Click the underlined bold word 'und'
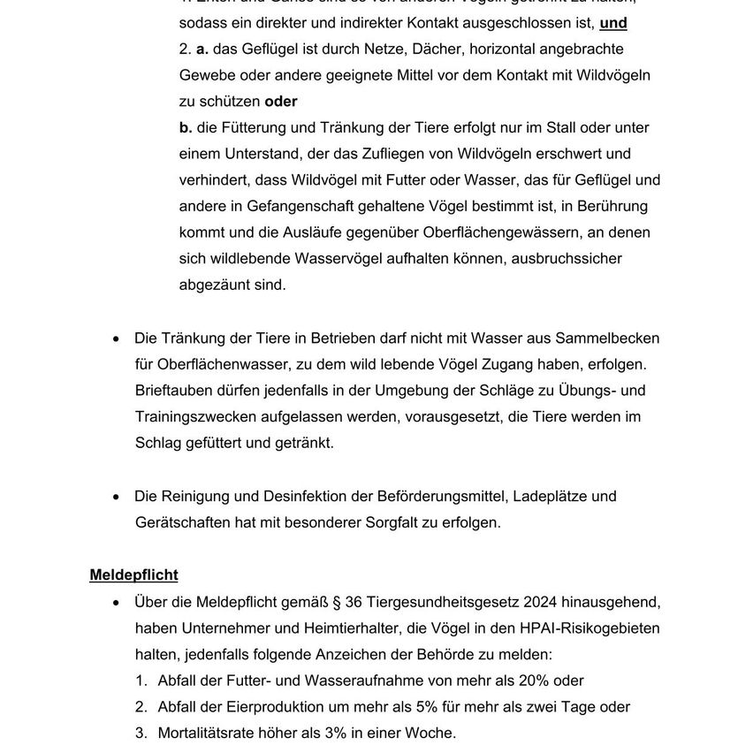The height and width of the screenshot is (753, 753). [x=613, y=22]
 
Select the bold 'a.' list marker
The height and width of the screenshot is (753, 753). [x=202, y=49]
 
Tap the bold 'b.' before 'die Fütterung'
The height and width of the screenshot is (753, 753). [x=186, y=128]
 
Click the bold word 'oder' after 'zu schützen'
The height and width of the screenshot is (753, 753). [x=281, y=102]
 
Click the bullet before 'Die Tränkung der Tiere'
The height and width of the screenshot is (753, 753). [x=116, y=338]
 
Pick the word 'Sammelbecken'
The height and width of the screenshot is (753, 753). [x=612, y=338]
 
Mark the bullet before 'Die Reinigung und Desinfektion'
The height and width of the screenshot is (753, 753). [x=116, y=497]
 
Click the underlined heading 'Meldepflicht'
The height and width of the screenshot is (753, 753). [x=133, y=575]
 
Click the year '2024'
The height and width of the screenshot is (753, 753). [x=541, y=602]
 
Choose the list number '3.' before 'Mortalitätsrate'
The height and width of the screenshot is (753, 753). [x=141, y=733]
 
